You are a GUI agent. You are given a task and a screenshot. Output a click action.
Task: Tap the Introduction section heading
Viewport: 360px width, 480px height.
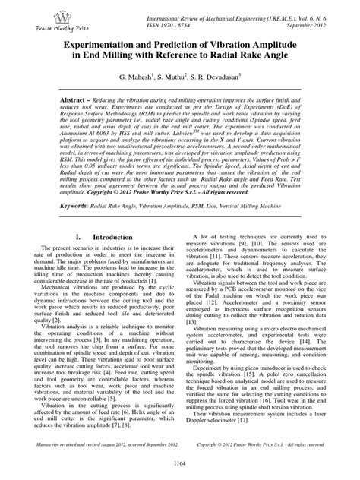pyautogui.click(x=109, y=238)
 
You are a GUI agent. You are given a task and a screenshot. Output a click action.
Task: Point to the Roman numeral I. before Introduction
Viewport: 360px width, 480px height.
pyautogui.click(x=73, y=238)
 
